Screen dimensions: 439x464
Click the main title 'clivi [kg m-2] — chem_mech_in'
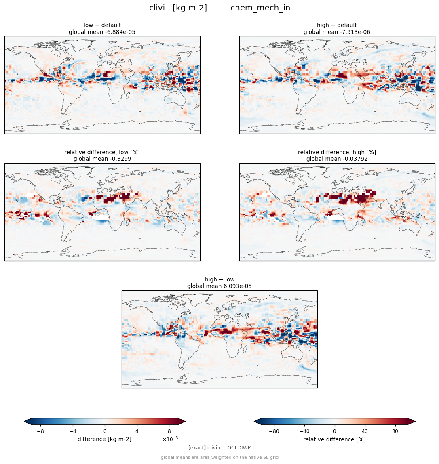coord(219,8)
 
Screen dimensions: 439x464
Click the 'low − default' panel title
coord(102,25)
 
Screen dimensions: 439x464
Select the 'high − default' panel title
coord(337,25)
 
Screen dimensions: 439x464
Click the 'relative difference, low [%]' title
coord(102,152)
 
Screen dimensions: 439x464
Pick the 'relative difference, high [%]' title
coord(337,152)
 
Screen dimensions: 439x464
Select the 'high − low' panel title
coord(219,279)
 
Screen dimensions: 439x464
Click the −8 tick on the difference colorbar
coord(40,431)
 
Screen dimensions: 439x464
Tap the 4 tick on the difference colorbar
coord(137,431)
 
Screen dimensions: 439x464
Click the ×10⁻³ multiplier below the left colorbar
coord(170,439)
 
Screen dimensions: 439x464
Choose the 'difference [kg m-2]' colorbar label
coord(104,439)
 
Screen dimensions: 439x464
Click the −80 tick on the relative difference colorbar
coord(274,431)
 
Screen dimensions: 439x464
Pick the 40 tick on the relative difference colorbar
coord(365,431)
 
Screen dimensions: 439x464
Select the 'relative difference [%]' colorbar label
coord(334,439)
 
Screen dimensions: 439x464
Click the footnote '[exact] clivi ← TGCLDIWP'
coord(219,448)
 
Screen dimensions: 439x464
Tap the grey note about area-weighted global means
coord(219,457)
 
